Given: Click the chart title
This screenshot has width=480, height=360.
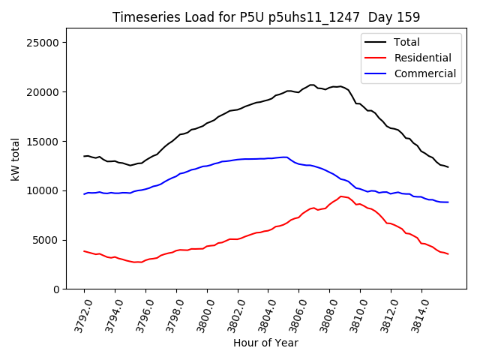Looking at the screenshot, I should tap(266, 17).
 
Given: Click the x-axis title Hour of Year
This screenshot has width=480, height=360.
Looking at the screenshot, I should tap(265, 343).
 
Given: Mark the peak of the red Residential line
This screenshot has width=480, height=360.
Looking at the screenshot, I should tap(340, 196).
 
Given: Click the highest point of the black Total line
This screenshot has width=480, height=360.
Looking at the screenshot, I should tap(311, 85).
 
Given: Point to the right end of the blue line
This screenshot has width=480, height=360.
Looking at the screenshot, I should tap(448, 202).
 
